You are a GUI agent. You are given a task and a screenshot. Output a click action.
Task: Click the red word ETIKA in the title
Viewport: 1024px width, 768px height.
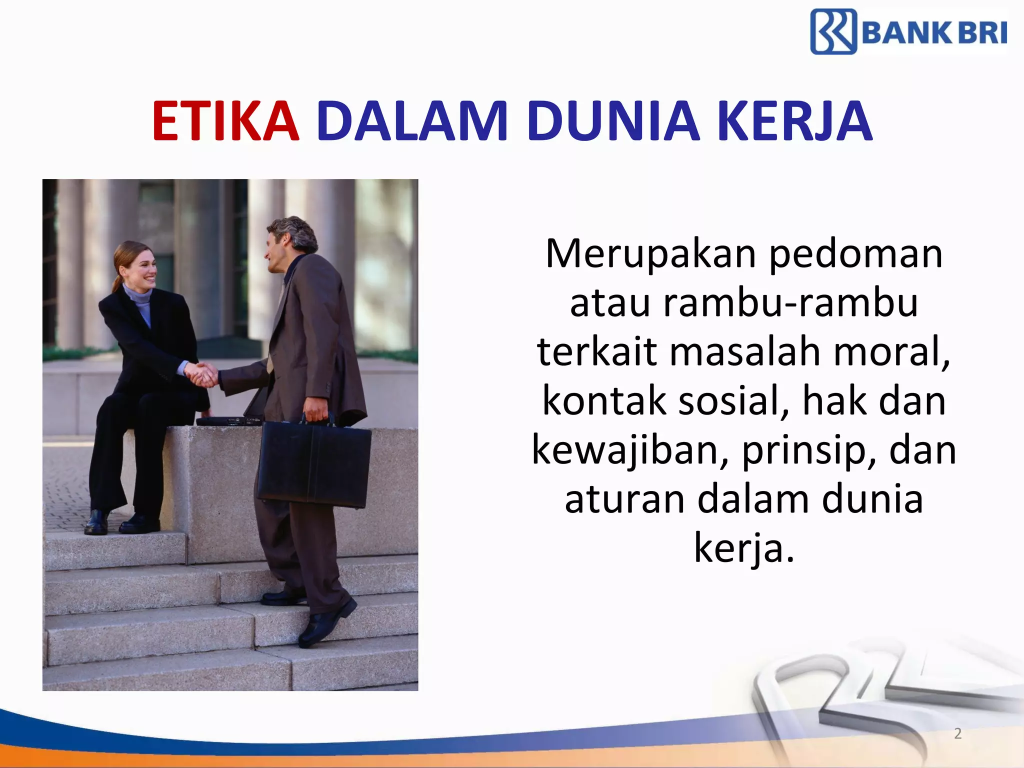click(226, 121)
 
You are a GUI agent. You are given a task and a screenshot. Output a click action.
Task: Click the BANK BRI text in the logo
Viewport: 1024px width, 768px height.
click(934, 33)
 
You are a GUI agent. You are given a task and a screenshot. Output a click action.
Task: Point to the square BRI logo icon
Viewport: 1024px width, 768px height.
click(833, 31)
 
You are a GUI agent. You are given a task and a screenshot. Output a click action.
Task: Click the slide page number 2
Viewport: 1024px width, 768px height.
click(957, 733)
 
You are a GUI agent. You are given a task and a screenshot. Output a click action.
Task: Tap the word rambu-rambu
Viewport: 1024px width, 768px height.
click(790, 303)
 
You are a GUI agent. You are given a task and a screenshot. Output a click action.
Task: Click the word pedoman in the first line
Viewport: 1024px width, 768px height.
click(855, 254)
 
